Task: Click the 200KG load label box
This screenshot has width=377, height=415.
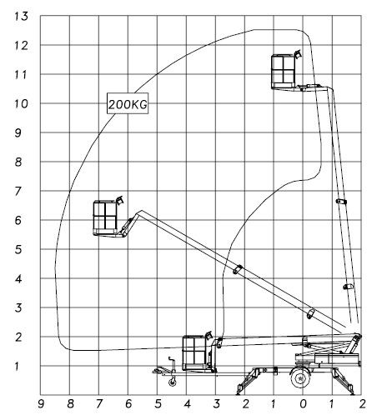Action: tap(128, 103)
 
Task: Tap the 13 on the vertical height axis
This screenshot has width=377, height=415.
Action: tap(22, 17)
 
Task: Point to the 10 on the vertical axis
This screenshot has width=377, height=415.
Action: tap(22, 104)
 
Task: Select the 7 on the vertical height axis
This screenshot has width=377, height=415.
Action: tap(18, 192)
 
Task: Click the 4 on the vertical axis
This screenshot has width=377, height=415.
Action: tap(18, 279)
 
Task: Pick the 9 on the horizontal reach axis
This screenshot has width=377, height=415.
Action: tap(41, 404)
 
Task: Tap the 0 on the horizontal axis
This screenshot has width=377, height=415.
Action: tap(304, 404)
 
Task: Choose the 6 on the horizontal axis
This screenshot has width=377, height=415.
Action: tap(128, 404)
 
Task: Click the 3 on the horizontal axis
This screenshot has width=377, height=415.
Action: tap(216, 404)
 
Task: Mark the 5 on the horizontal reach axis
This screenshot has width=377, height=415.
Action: tap(158, 404)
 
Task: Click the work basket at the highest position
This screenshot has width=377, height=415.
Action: tap(284, 72)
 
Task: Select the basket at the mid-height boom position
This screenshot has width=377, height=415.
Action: tap(105, 217)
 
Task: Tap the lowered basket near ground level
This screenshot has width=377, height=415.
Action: tap(194, 353)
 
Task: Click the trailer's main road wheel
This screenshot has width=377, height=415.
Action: tap(300, 377)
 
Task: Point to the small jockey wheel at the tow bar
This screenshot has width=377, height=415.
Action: tap(173, 382)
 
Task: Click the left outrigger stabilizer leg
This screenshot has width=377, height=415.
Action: tap(247, 381)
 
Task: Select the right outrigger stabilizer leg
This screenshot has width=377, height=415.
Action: tap(344, 381)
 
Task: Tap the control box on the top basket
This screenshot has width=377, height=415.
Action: tap(298, 54)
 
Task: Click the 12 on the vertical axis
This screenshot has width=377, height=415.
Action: tap(22, 46)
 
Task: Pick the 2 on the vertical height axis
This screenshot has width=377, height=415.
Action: tap(18, 337)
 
